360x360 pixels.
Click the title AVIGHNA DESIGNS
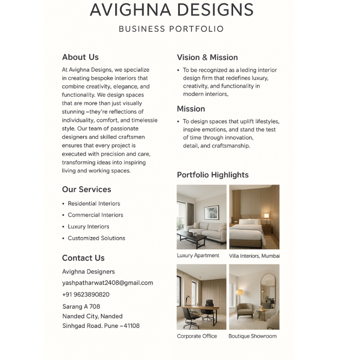172,10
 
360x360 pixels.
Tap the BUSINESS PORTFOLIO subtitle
171,29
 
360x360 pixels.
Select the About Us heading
80,57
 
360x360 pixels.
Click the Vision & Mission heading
207,57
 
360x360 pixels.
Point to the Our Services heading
86,189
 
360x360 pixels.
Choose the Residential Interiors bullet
94,204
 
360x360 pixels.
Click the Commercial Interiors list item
95,215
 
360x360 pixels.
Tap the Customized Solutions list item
96,238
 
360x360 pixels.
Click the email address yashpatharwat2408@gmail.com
108,283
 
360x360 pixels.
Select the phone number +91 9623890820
86,295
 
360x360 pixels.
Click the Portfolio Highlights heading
213,175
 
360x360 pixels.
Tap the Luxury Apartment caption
198,256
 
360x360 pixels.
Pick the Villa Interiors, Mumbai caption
254,256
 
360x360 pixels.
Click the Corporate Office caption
197,336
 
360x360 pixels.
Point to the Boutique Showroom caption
252,336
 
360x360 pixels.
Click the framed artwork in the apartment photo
211,212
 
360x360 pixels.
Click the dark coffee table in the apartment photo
192,238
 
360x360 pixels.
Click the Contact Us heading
83,258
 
